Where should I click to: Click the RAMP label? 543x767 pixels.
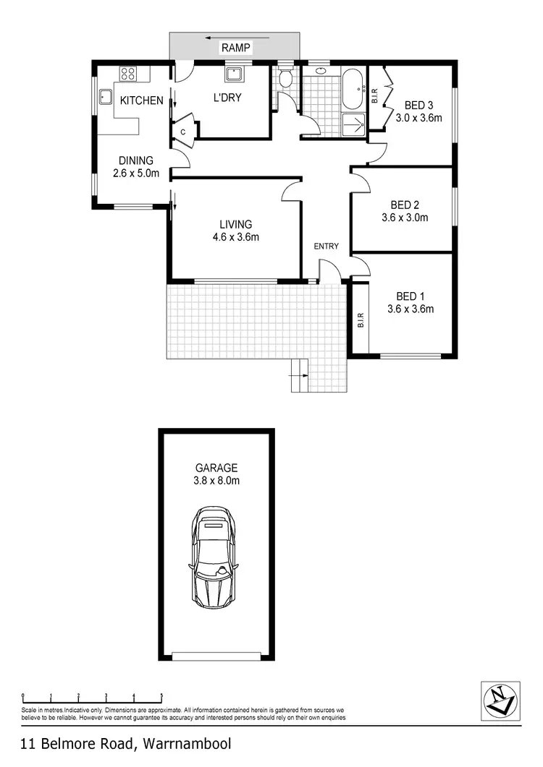[x=236, y=48]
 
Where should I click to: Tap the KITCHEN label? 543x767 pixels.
[x=141, y=100]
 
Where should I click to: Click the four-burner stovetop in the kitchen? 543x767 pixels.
[x=128, y=73]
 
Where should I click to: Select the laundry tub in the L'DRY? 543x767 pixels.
[x=235, y=73]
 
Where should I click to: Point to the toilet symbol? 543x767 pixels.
[x=286, y=77]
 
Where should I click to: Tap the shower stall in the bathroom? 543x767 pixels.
[x=353, y=124]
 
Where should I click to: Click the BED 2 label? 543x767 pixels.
[x=404, y=204]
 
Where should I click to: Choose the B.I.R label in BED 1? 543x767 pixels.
[x=360, y=320]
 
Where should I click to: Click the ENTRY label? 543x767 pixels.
[x=326, y=247]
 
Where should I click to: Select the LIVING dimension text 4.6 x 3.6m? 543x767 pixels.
[x=237, y=236]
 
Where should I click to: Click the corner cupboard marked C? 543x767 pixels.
[x=183, y=132]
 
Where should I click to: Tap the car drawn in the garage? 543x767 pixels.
[x=213, y=557]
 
